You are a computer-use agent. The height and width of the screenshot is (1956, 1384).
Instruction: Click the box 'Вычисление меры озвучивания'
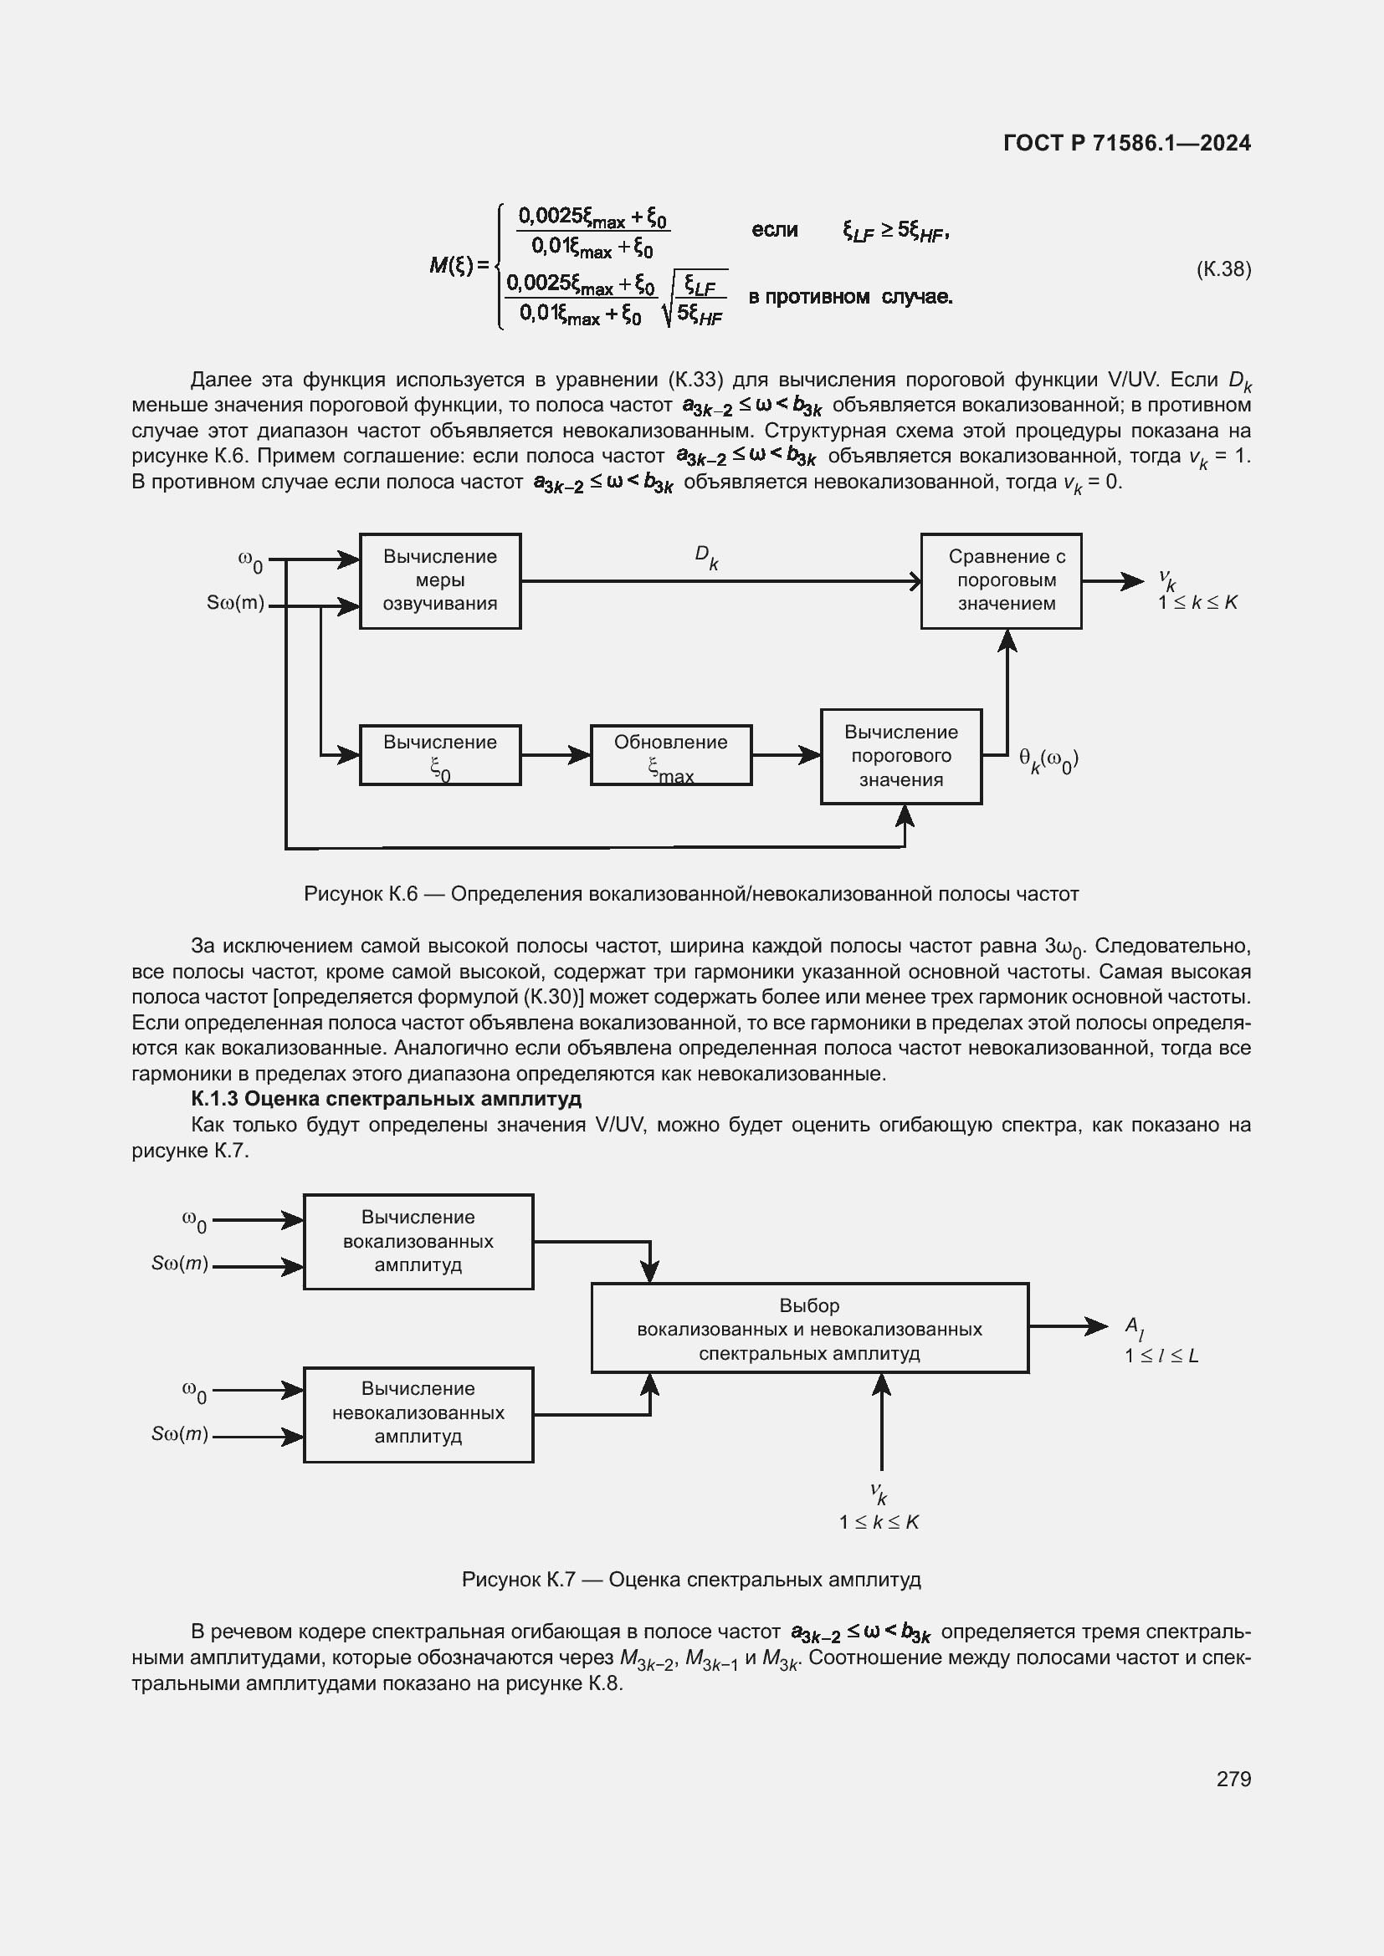coord(440,581)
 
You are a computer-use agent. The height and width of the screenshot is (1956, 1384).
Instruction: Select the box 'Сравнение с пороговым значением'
coord(1001,581)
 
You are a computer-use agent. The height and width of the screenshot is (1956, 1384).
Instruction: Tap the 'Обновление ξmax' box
coord(671,755)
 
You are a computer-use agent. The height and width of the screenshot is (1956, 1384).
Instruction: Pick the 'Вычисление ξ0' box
coord(440,755)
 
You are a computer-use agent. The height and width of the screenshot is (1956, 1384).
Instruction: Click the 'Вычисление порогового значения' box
coord(901,756)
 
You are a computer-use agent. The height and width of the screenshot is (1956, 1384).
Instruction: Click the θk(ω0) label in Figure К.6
coord(1049,760)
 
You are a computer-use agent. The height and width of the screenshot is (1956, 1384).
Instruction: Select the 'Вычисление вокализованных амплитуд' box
coord(418,1241)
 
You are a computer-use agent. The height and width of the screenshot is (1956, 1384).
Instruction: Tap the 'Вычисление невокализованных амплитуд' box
coord(418,1415)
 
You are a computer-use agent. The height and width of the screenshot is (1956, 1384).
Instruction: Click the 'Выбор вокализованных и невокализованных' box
coord(810,1329)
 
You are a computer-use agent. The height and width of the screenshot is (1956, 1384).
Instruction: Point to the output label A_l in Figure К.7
coord(1135,1326)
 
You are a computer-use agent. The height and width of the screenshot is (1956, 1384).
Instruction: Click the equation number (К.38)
coord(1224,269)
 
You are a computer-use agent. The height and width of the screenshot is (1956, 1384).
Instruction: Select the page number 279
coord(1233,1779)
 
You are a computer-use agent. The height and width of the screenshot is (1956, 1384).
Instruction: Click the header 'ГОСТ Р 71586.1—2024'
coord(1126,143)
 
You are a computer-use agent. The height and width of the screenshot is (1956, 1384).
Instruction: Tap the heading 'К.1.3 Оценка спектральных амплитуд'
coord(386,1099)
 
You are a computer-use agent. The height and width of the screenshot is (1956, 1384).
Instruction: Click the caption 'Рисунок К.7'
coord(691,1580)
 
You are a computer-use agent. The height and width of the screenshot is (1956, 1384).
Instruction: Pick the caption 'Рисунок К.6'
coord(691,894)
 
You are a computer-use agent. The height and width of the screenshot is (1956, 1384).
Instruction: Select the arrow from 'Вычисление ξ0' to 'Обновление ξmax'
coord(556,755)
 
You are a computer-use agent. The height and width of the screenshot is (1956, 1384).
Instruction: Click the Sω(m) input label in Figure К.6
coord(235,603)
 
